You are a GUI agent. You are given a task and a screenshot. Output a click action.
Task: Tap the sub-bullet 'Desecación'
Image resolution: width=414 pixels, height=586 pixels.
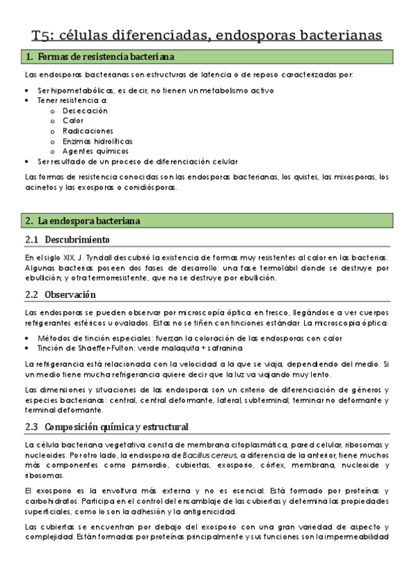[85, 111]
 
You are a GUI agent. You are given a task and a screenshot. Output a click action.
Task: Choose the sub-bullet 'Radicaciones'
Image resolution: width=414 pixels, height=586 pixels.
[88, 131]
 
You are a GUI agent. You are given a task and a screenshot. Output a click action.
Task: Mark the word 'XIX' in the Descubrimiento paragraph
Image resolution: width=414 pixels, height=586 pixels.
[57, 258]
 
